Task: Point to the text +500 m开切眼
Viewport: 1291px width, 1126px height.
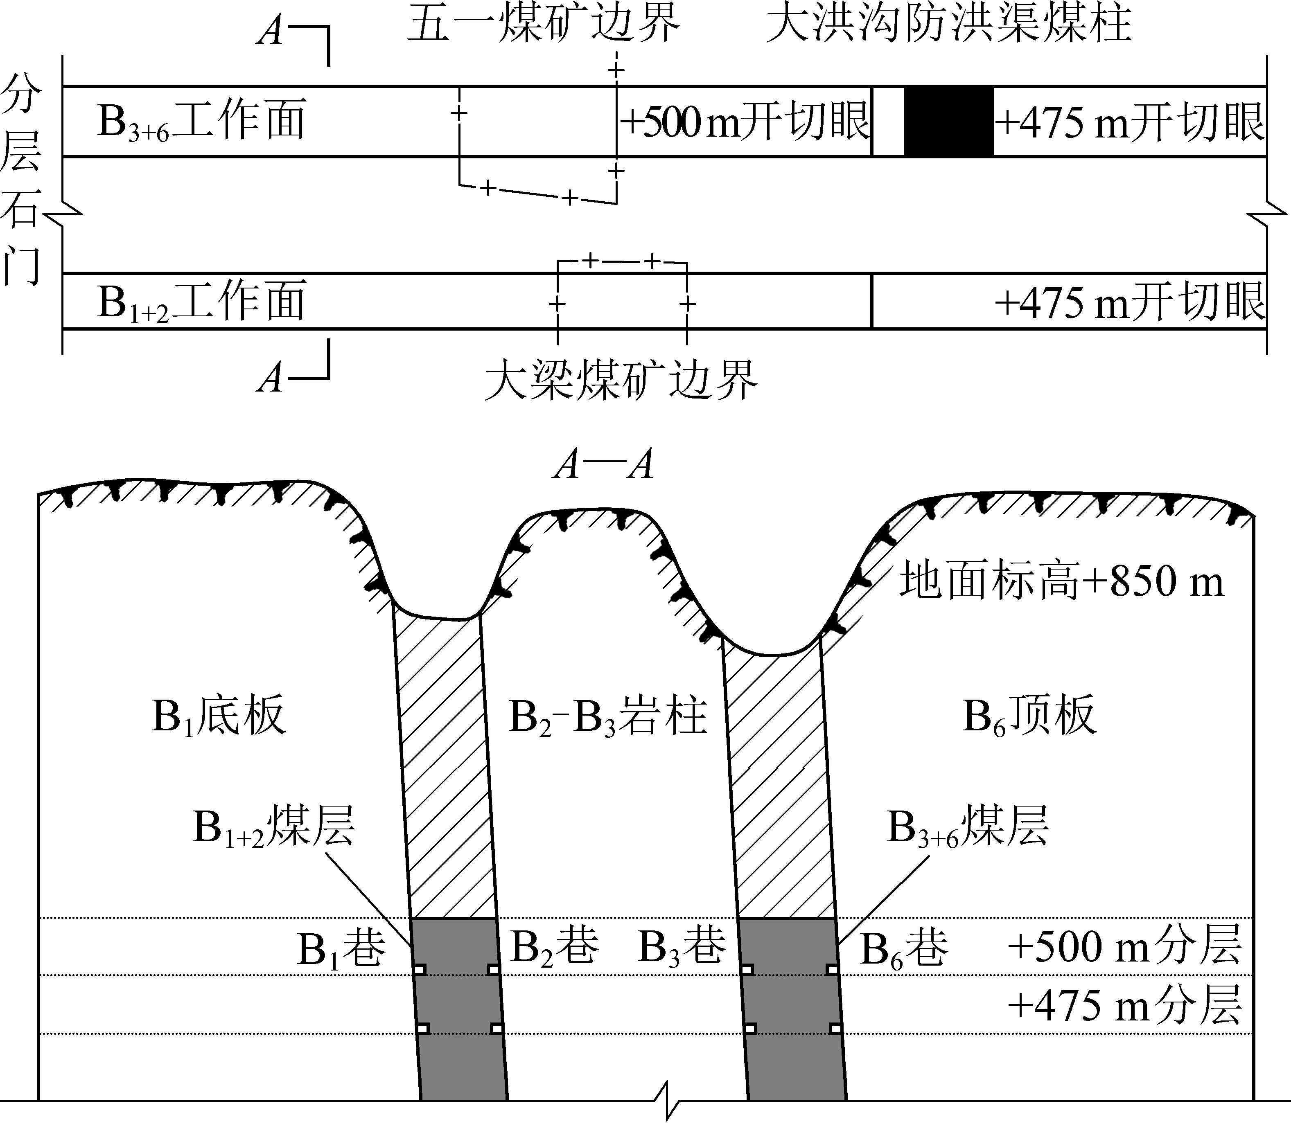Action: click(745, 121)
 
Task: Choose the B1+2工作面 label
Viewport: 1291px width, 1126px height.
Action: click(201, 302)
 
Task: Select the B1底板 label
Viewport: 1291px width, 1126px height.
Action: click(219, 715)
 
